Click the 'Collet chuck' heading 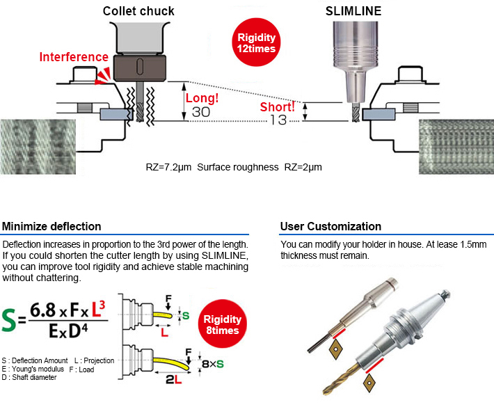[x=138, y=10]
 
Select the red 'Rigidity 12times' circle [x=257, y=43]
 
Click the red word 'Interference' [x=74, y=57]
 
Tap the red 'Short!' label [x=278, y=107]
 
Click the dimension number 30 [x=200, y=111]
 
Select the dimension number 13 [x=278, y=120]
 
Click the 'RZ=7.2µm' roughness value [x=169, y=168]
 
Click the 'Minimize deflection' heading [x=51, y=226]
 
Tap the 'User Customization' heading [x=330, y=226]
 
